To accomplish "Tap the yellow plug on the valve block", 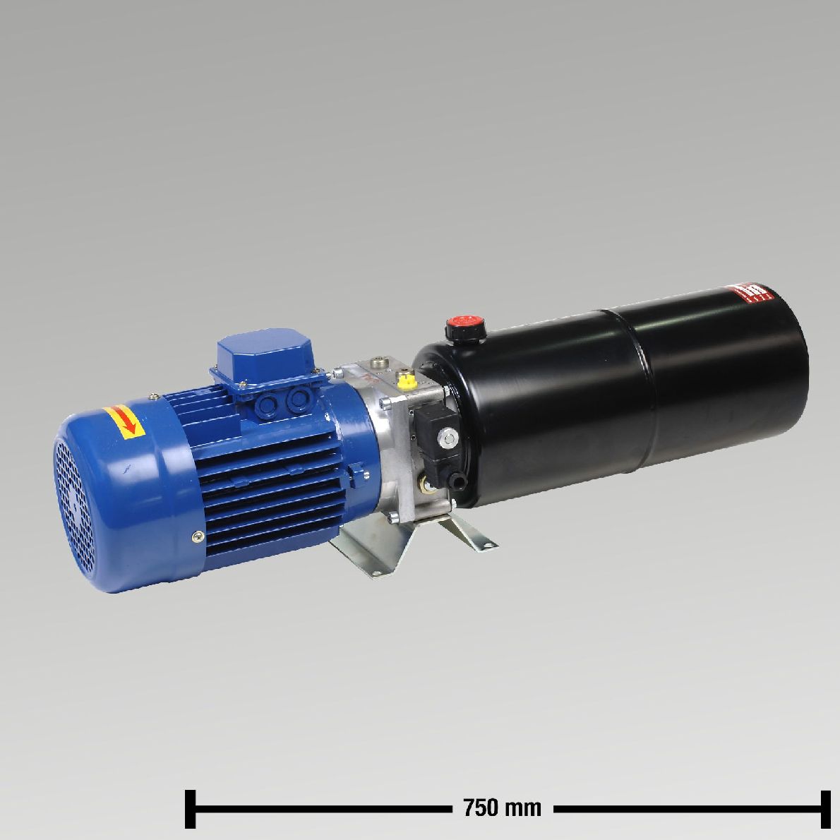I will click(405, 382).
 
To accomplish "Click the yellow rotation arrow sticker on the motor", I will click(124, 419).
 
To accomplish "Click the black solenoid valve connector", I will click(432, 428).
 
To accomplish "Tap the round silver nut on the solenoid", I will click(447, 439).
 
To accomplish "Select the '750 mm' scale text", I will click(502, 807).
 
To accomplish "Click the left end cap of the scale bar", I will click(190, 808).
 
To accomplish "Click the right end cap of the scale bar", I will click(824, 808).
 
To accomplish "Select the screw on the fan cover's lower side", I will click(195, 537).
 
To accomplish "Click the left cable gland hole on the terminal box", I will click(269, 404).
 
